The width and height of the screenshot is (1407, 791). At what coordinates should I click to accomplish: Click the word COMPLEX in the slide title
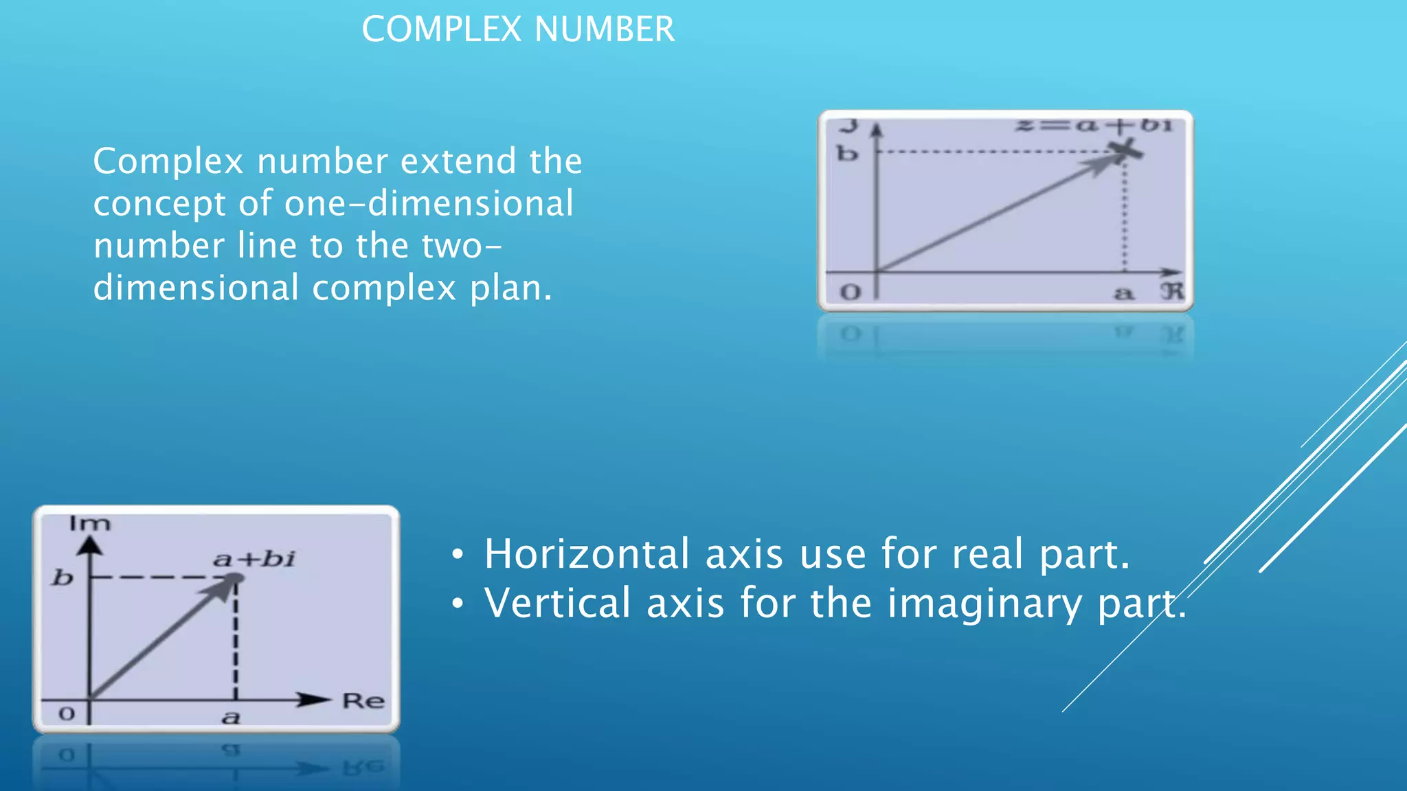442,30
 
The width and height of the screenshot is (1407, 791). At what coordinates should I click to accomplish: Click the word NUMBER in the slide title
605,30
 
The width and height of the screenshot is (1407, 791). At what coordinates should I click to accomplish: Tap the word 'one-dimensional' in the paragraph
429,203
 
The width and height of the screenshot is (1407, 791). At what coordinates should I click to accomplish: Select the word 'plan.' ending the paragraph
511,288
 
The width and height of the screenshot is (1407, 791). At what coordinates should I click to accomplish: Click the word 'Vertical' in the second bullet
557,603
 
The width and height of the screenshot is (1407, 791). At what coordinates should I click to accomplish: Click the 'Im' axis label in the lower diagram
89,524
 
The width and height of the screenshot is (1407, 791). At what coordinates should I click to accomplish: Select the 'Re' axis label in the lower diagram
363,701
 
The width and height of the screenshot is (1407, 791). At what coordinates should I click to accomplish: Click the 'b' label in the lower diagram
63,577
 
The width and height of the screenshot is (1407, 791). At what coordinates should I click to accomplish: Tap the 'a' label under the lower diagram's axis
232,718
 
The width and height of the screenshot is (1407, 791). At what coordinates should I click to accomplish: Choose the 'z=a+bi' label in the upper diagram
1094,126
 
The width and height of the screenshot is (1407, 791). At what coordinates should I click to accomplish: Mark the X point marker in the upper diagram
1125,150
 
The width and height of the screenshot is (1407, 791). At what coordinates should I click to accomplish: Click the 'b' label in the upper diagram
847,153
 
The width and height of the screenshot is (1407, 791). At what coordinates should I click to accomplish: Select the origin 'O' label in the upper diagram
851,293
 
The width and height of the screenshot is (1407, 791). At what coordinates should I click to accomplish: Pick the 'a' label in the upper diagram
1123,294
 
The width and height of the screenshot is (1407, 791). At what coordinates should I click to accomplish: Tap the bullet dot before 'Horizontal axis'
458,554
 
